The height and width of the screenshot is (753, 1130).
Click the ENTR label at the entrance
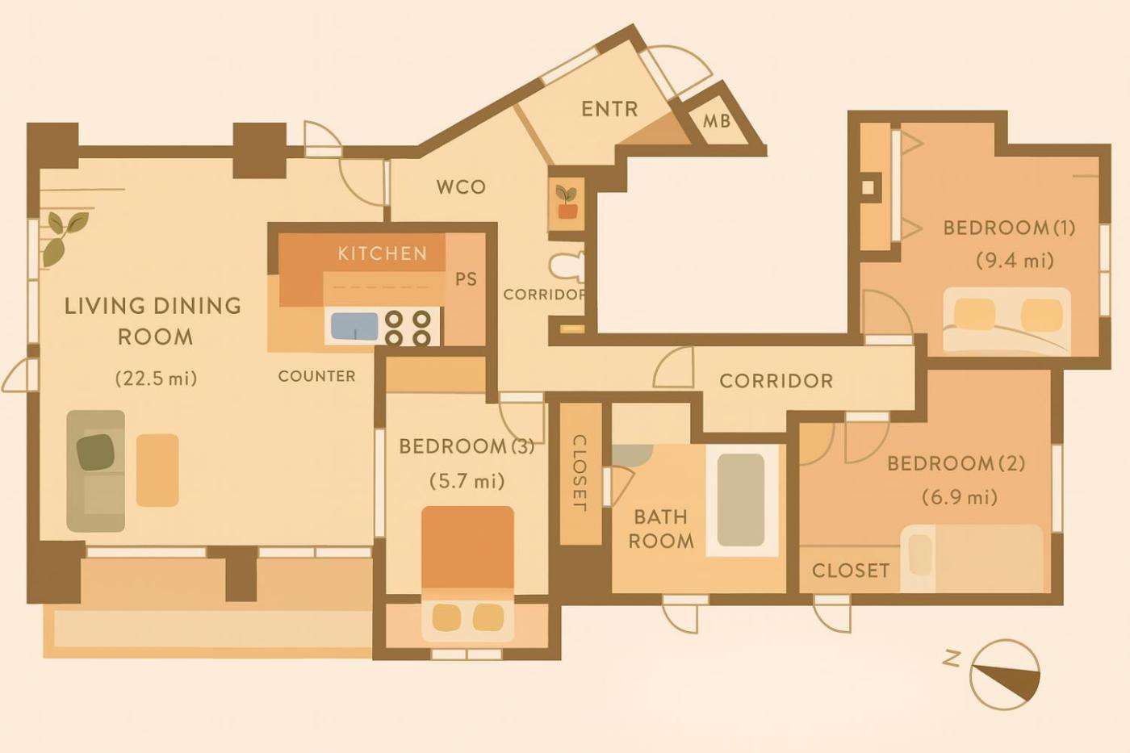(x=609, y=109)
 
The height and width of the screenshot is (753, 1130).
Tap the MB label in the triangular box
(x=717, y=121)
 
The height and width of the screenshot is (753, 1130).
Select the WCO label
(x=461, y=187)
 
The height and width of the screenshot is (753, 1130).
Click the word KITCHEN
(x=383, y=253)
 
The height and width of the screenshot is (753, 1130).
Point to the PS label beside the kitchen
(x=466, y=279)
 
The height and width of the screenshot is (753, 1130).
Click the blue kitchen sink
(x=354, y=326)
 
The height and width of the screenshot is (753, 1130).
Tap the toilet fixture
(x=567, y=266)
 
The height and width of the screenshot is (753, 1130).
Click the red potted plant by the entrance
(x=567, y=203)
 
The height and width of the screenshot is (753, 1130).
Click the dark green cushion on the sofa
(x=95, y=452)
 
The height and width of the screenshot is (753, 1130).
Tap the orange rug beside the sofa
(x=157, y=470)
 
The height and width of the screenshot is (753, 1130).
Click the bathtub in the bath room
(x=741, y=500)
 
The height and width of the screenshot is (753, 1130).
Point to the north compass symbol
(x=1005, y=675)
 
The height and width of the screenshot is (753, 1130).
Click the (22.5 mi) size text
(x=157, y=379)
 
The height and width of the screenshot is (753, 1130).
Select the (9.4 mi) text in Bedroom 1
(x=1015, y=261)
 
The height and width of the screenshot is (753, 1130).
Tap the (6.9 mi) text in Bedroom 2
(x=960, y=498)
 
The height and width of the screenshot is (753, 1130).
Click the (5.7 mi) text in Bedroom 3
(x=467, y=481)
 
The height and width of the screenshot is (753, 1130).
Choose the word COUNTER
(x=316, y=376)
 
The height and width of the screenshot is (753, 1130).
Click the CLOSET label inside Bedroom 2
(x=851, y=571)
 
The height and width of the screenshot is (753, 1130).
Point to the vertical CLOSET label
(x=580, y=473)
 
